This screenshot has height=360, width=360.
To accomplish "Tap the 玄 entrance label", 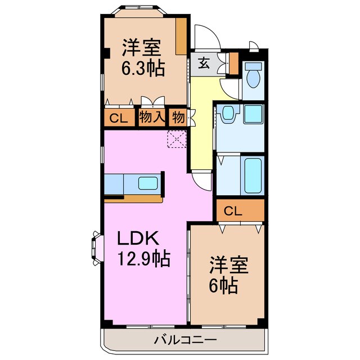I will [x=204, y=63].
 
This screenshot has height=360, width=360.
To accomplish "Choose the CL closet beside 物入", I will [x=118, y=118].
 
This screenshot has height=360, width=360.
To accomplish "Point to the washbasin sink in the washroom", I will [x=228, y=114].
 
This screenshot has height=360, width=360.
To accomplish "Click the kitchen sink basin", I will [x=148, y=183].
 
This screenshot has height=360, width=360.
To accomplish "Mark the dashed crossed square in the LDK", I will [x=176, y=138].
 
